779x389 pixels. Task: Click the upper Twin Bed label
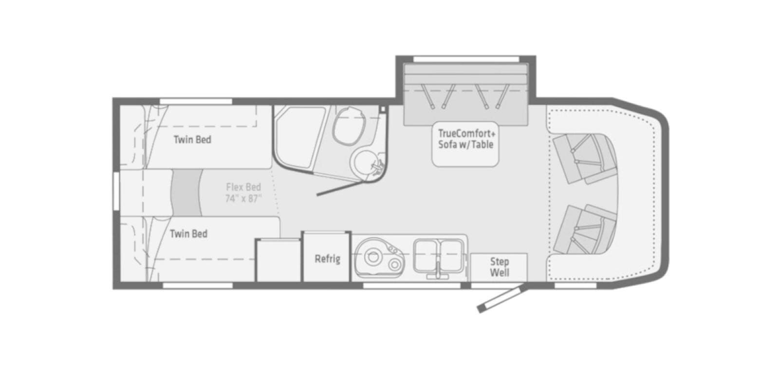click(x=192, y=140)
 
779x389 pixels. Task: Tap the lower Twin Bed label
click(x=188, y=234)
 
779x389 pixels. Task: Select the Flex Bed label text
click(x=243, y=187)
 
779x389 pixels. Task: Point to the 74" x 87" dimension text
click(x=243, y=199)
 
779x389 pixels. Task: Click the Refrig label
click(x=327, y=259)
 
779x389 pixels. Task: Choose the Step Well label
click(x=500, y=267)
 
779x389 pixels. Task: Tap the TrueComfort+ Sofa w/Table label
click(x=466, y=139)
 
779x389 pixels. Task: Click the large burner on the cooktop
click(x=373, y=257)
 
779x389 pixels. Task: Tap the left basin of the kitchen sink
click(x=427, y=256)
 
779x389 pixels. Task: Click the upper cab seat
click(x=584, y=159)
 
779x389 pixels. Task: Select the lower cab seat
click(x=584, y=230)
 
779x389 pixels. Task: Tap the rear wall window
click(x=116, y=191)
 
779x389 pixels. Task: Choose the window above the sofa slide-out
click(x=466, y=59)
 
